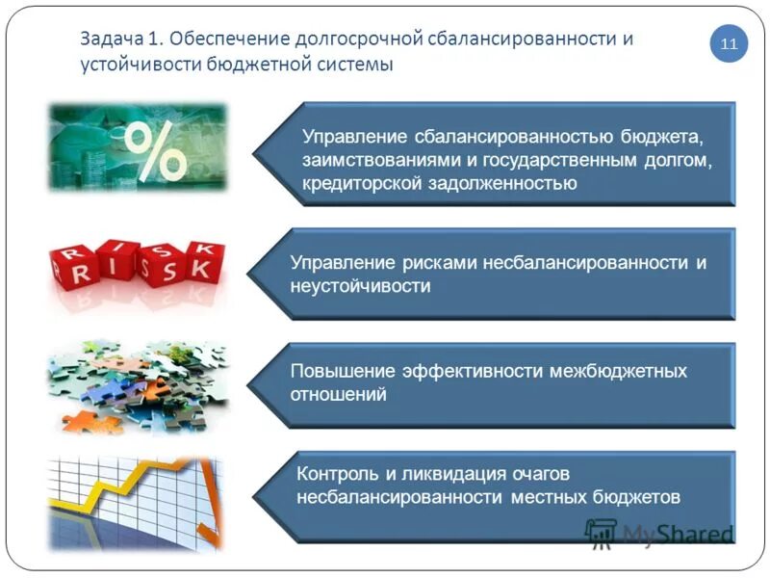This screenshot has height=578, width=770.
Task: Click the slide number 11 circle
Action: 729,44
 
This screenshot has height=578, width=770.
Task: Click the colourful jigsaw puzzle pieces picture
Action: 137,385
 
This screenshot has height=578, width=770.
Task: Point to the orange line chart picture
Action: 137,501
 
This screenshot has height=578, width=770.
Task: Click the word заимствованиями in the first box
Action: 372,159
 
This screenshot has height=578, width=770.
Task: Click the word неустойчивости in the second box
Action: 361,286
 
